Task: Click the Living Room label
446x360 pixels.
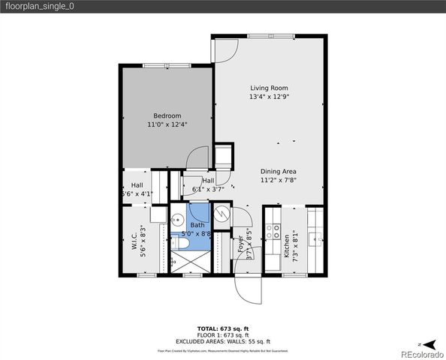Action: pyautogui.click(x=269, y=88)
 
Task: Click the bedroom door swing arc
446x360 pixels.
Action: pyautogui.click(x=197, y=158)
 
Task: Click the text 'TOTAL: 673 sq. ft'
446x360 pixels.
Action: pyautogui.click(x=223, y=329)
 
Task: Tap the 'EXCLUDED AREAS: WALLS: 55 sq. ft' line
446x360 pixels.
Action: pyautogui.click(x=223, y=341)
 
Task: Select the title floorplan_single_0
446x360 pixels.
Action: pyautogui.click(x=40, y=6)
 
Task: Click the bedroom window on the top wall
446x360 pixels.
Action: pyautogui.click(x=167, y=65)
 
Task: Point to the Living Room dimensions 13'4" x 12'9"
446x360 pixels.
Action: pyautogui.click(x=269, y=97)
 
